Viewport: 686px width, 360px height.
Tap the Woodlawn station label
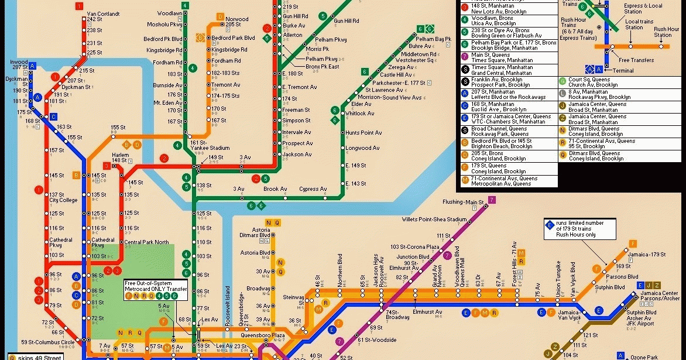170,13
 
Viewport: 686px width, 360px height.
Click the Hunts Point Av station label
363,133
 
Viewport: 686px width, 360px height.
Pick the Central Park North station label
146,242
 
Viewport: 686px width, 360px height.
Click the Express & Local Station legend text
643,8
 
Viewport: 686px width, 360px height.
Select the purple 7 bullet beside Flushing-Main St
492,200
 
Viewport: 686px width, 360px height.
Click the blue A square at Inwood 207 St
33,66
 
